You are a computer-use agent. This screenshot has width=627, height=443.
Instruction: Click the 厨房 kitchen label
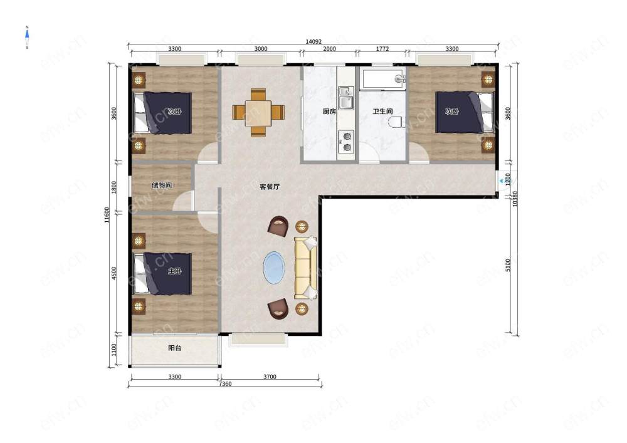[x=329, y=112]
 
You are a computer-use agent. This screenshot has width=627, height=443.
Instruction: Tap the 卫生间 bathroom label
[x=382, y=112]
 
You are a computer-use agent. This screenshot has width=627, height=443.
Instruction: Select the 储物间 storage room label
[x=162, y=185]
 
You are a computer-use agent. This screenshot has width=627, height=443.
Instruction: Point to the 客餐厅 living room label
[x=270, y=187]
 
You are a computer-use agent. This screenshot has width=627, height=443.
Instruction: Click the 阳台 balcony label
[x=175, y=348]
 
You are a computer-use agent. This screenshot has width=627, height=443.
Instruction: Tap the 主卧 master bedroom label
[x=175, y=271]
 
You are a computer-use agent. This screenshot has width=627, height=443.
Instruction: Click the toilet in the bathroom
[x=396, y=122]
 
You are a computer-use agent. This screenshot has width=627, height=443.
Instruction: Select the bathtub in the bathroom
[x=382, y=78]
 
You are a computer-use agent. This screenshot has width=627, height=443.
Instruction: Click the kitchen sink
[x=346, y=98]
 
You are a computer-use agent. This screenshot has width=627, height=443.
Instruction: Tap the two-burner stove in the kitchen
[x=346, y=142]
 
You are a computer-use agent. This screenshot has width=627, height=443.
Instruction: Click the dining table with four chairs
[x=258, y=112]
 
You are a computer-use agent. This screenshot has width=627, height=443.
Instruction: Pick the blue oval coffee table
[x=274, y=268]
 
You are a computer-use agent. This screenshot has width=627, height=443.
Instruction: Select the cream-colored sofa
[x=306, y=268]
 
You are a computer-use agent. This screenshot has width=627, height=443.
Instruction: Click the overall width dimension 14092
[x=313, y=41]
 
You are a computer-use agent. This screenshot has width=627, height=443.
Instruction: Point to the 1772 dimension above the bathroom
[x=382, y=49]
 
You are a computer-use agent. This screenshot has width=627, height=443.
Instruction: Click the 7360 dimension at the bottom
[x=225, y=384]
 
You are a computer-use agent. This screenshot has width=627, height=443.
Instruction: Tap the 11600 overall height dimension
[x=107, y=215]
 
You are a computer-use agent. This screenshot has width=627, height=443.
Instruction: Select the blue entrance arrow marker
[x=501, y=181]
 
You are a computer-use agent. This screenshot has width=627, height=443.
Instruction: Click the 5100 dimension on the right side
[x=508, y=265]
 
